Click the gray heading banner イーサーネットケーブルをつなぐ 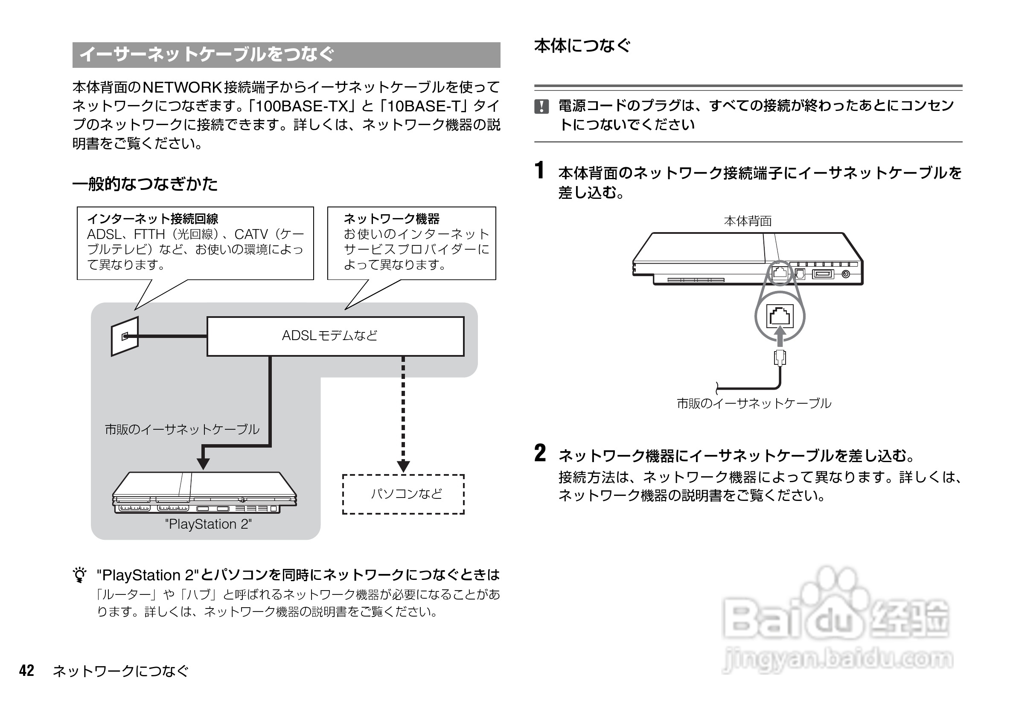tap(286, 55)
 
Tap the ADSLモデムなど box tap(335, 336)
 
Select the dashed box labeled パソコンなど tap(403, 494)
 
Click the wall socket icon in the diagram tap(125, 336)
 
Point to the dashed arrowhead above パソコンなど tap(403, 466)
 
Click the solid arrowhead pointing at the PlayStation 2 tap(203, 463)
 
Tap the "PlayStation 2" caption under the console tap(208, 524)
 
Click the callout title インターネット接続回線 tap(153, 218)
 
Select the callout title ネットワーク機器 tap(392, 218)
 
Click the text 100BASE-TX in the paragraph tap(302, 106)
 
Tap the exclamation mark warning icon tap(541, 107)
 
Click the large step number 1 tap(539, 171)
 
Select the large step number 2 tap(540, 453)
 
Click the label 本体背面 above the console tap(748, 221)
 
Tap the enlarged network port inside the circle tap(780, 315)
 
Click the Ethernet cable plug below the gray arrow tap(780, 358)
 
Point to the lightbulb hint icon tap(80, 575)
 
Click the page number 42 tap(26, 670)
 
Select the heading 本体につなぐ tap(582, 46)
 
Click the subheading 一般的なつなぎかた tap(145, 184)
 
